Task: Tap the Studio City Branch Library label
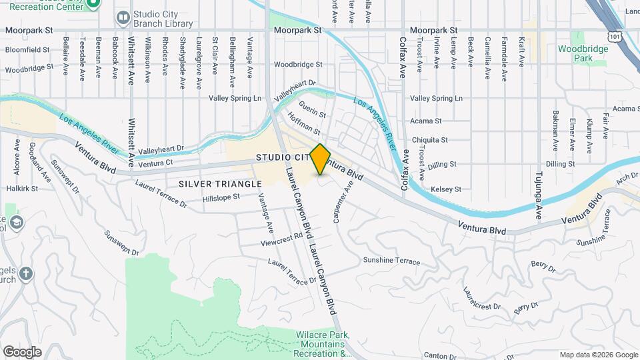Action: (x=163, y=19)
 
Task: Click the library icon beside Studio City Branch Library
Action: (x=123, y=17)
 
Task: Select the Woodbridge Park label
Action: (x=573, y=53)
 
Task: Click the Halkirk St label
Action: (x=17, y=189)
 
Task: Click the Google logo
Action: (x=22, y=351)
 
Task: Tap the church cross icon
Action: (x=25, y=274)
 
